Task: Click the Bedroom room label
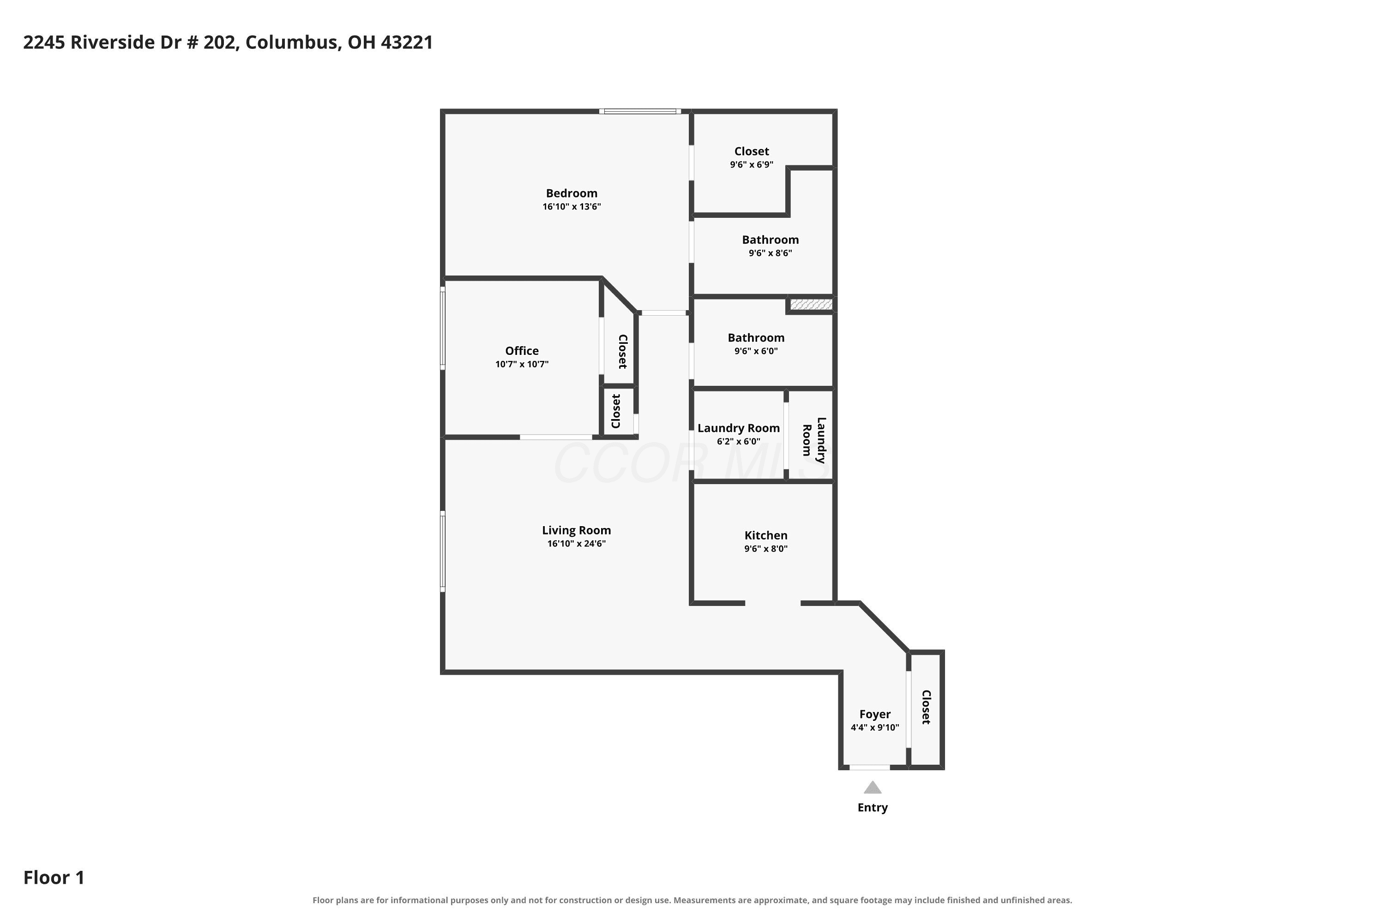click(571, 193)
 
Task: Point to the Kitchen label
click(765, 535)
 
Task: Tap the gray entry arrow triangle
click(873, 788)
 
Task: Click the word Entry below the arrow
click(873, 808)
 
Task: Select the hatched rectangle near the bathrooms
click(811, 304)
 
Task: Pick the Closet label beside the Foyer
click(926, 707)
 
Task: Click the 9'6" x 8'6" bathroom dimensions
click(770, 253)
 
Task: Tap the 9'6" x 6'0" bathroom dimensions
click(755, 351)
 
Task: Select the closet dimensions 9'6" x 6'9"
click(752, 165)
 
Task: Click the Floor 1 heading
click(54, 878)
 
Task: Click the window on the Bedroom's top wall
click(640, 111)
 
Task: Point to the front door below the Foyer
click(869, 767)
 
